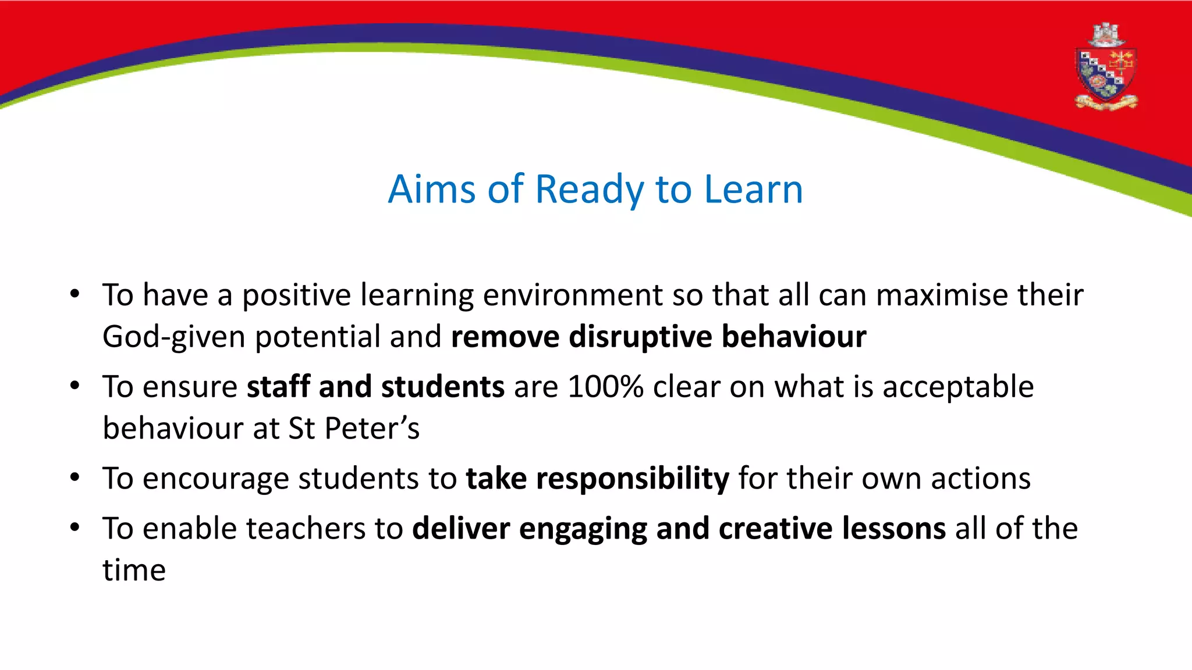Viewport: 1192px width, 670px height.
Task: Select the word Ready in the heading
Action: [x=589, y=191]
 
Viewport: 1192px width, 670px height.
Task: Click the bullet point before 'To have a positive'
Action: [x=74, y=294]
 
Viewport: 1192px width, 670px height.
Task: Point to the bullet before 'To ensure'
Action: [x=74, y=386]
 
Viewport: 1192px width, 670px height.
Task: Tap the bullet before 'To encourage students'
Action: [x=74, y=477]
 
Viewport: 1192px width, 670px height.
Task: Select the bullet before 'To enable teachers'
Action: [x=74, y=528]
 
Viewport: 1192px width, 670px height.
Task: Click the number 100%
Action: [x=605, y=387]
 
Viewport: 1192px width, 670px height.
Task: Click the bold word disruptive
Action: [x=640, y=337]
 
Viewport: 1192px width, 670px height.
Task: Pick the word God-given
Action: [x=173, y=337]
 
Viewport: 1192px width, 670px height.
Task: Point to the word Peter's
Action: [x=371, y=429]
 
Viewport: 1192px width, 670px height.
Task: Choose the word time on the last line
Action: [x=134, y=571]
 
